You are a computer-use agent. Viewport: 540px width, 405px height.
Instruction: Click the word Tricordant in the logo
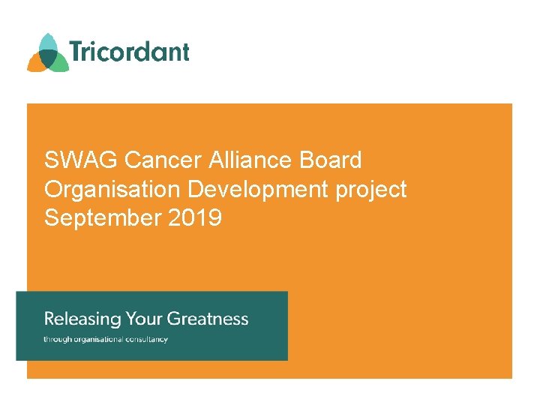tap(129, 52)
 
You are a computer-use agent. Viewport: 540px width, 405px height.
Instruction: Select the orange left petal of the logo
tap(35, 63)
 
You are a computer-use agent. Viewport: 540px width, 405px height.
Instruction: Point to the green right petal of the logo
tap(59, 64)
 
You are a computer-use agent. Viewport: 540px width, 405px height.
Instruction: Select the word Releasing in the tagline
tap(82, 319)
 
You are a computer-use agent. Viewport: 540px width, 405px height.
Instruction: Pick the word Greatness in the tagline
tap(208, 319)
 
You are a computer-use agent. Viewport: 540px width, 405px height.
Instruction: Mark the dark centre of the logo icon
tap(48, 57)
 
